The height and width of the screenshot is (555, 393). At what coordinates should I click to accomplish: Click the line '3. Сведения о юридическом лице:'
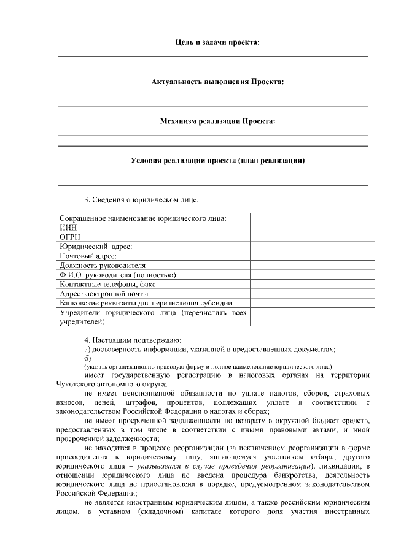coord(141,200)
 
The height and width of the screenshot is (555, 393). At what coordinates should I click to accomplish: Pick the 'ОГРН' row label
coord(70,237)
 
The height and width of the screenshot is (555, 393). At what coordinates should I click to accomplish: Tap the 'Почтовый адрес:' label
coord(88,256)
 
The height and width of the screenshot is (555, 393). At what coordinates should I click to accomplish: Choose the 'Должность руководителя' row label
coord(103,266)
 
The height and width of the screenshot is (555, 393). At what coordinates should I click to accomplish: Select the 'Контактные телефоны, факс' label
coord(108,284)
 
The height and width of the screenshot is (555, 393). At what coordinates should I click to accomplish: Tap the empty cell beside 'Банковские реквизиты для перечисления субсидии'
coord(312,303)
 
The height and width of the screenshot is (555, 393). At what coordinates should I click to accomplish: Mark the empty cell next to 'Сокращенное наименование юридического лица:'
coord(312,218)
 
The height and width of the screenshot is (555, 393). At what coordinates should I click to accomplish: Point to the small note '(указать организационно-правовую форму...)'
coord(200,366)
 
